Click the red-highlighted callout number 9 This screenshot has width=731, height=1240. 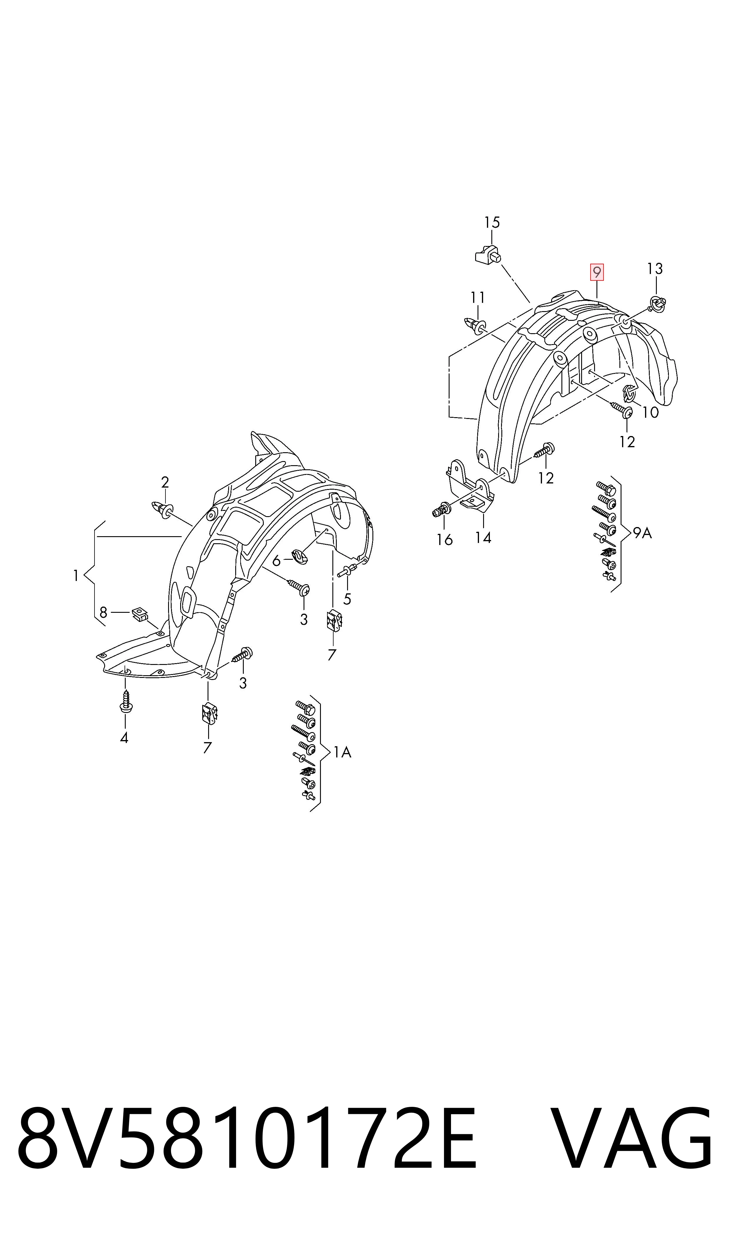(597, 272)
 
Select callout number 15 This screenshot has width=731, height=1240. (492, 223)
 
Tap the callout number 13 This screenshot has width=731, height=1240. (655, 269)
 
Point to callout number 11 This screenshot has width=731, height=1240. (478, 298)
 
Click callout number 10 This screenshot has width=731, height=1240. (651, 412)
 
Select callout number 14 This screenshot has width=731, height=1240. (483, 538)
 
